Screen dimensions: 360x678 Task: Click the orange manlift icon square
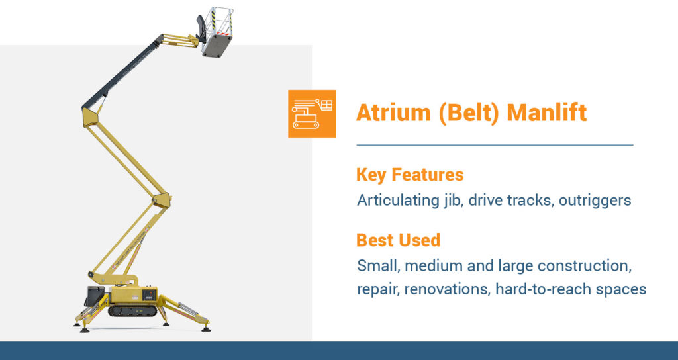pos(312,113)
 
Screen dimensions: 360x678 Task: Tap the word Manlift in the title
pos(546,113)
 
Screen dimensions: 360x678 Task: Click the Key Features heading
pos(410,175)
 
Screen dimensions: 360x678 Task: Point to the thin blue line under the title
pos(495,144)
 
